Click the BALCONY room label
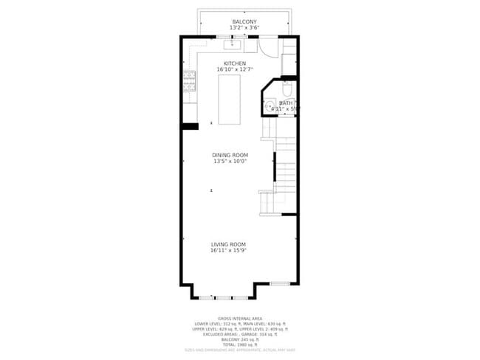(244, 22)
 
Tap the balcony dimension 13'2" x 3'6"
(244, 29)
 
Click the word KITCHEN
(235, 63)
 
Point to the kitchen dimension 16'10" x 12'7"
(235, 70)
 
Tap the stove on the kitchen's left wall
(189, 80)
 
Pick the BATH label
(285, 103)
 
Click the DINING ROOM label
(230, 155)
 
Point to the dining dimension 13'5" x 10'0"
(230, 162)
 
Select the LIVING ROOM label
(228, 244)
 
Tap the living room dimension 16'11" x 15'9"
(228, 251)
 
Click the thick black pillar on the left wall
(190, 127)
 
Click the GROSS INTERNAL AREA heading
(241, 318)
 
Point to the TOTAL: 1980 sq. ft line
(241, 344)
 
